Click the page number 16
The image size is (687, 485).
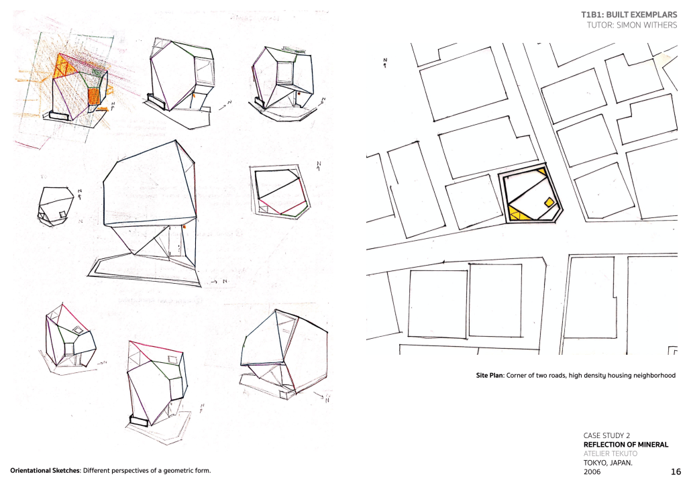(x=676, y=472)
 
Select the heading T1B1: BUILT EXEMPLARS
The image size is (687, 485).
(x=629, y=15)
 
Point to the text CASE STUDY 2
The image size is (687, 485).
(x=606, y=435)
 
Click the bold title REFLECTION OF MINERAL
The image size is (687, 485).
(x=626, y=445)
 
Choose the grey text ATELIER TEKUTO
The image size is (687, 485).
(x=611, y=453)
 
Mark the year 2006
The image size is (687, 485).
(x=592, y=472)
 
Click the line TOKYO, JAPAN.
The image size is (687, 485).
(x=608, y=463)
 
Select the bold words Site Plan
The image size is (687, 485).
(x=490, y=376)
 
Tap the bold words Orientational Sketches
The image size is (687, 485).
(x=45, y=471)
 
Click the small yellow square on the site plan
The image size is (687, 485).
(x=549, y=202)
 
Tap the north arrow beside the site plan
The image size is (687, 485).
(x=385, y=62)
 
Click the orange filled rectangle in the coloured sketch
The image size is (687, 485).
(x=94, y=96)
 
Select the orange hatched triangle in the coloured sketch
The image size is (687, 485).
(x=65, y=68)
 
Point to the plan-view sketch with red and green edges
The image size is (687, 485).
(x=280, y=191)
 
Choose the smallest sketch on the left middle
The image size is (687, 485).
(x=56, y=206)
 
